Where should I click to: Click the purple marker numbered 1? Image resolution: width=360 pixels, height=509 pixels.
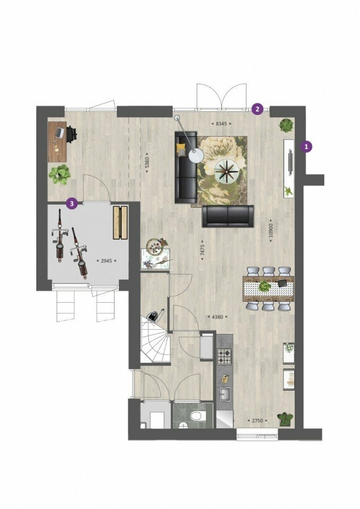(306, 146)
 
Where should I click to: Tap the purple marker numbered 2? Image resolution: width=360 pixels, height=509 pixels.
(258, 109)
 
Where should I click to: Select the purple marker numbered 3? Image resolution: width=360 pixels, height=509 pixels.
(72, 204)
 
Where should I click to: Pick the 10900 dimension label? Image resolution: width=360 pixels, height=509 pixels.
(271, 230)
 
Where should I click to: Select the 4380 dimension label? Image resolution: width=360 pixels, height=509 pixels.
(217, 317)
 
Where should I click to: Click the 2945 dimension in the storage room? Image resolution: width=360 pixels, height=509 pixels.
(107, 260)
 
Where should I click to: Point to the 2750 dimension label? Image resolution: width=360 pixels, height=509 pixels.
(258, 420)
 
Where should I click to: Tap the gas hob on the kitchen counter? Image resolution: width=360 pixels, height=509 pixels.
(224, 356)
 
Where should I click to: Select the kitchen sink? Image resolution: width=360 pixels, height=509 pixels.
(225, 393)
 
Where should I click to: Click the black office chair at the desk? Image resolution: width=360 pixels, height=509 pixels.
(72, 134)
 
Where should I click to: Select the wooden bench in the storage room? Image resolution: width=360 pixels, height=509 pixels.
(120, 222)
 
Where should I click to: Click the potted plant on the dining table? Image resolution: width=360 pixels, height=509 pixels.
(265, 286)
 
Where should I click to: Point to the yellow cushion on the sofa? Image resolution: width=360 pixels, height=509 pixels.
(180, 148)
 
